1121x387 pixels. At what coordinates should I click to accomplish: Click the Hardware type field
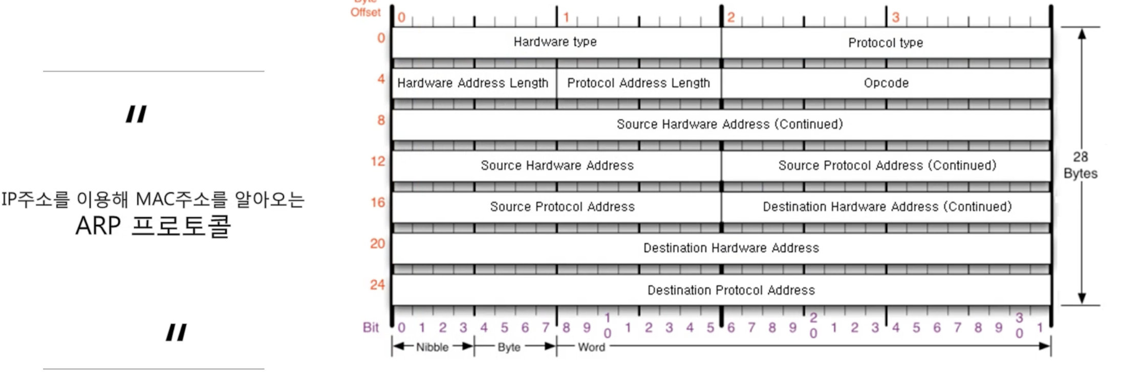pos(555,42)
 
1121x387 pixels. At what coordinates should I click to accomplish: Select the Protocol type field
pos(886,43)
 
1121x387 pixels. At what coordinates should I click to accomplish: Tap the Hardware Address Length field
pos(472,83)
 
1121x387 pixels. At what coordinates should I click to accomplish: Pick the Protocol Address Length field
pos(638,83)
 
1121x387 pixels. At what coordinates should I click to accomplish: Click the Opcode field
pos(886,83)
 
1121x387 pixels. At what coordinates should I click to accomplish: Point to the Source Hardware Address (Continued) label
pos(729,124)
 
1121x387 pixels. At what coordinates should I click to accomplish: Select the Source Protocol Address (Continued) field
pos(887,165)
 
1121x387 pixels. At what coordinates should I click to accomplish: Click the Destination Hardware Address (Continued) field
pos(887,207)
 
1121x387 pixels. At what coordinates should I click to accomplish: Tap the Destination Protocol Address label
pos(731,290)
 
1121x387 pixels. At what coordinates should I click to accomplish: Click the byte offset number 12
pos(378,161)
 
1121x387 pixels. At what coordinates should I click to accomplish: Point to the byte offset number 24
pos(377,285)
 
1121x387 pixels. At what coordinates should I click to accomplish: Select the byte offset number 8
pos(381,120)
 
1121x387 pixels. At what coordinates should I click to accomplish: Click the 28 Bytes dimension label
pos(1080,165)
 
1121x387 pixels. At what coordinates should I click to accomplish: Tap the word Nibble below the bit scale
pos(432,347)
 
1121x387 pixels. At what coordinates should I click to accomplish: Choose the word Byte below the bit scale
pos(509,347)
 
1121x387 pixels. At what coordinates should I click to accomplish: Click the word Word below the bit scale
pos(591,347)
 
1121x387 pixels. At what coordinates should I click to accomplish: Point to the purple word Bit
pos(371,328)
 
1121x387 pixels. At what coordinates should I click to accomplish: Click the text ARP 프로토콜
pos(153,226)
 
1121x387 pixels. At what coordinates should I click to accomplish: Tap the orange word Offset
pos(365,12)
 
